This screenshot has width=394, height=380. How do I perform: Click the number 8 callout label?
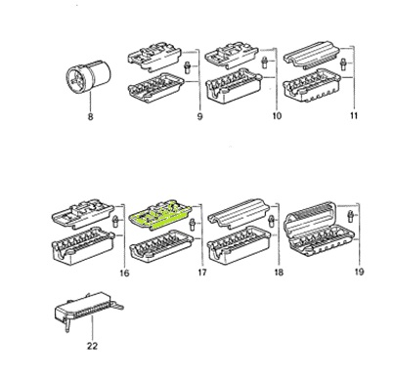point(91,116)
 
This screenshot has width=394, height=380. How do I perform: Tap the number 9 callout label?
point(199,116)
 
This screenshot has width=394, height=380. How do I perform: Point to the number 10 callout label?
point(277,115)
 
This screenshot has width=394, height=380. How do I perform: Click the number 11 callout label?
point(354,115)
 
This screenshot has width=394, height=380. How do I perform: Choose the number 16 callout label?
point(124,273)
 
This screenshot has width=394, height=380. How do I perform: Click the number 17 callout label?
point(202,273)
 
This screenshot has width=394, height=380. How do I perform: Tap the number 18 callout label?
point(279,272)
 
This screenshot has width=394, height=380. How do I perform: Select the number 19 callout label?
point(359,272)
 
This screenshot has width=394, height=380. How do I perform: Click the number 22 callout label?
point(92,346)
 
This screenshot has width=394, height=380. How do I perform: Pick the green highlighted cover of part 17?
point(160,216)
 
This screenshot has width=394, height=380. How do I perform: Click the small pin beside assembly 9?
point(187,67)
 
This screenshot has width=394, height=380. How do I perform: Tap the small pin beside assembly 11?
point(342,63)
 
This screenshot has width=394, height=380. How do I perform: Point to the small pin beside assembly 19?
point(351,217)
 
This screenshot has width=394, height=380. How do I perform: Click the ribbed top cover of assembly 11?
point(312,56)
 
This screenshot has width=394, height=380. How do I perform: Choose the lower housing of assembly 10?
point(234,85)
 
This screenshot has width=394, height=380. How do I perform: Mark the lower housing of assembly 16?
point(83,245)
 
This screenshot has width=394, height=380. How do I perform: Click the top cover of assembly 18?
point(239,214)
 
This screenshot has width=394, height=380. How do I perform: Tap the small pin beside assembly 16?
point(114,221)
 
